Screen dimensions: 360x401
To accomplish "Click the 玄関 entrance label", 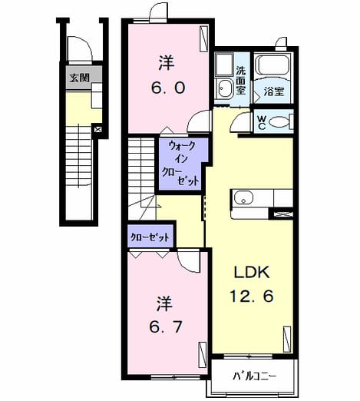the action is [x=80, y=78].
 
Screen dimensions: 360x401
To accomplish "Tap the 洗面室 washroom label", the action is [x=240, y=81].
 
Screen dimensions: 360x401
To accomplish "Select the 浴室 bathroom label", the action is [x=274, y=91].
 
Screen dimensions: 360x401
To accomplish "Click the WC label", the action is [x=261, y=122].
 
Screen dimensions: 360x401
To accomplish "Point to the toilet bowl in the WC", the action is [x=279, y=121].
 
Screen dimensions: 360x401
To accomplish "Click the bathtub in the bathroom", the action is [x=273, y=65].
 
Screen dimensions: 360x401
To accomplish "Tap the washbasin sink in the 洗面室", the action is [x=224, y=88].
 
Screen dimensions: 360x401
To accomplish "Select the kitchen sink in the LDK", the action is [x=244, y=197].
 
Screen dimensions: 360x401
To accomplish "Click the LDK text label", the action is [x=252, y=272].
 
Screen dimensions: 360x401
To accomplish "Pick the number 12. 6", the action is [x=252, y=296].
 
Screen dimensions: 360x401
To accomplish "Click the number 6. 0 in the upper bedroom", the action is [x=168, y=88].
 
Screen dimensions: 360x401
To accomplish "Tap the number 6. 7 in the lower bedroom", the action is [x=167, y=326].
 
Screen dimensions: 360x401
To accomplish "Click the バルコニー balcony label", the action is [x=254, y=376].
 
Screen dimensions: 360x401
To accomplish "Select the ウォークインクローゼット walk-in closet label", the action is [x=181, y=163].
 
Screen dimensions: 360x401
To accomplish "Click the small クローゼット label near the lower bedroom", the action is [x=150, y=237].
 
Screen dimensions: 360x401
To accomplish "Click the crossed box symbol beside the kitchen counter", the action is [x=281, y=214].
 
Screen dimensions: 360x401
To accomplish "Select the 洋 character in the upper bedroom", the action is [x=167, y=63].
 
